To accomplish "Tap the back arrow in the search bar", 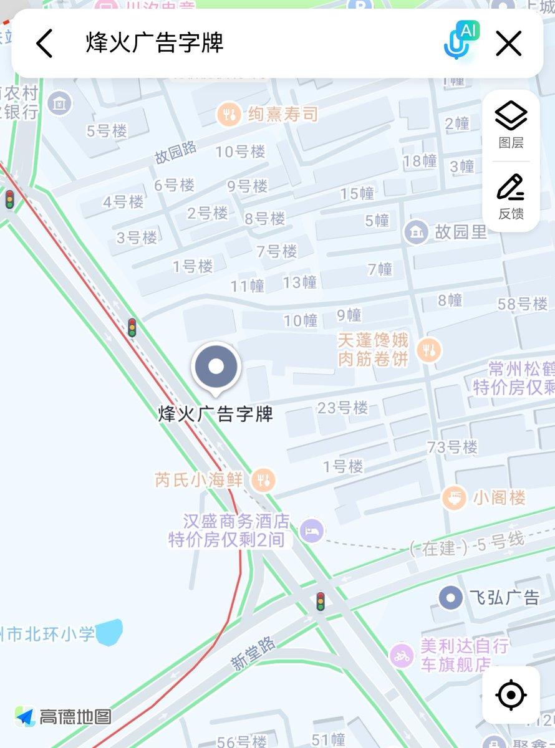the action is [44, 44].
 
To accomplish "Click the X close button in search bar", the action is [508, 44].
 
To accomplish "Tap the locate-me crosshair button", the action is [511, 694].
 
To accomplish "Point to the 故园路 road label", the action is [176, 152].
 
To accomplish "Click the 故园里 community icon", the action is [415, 233].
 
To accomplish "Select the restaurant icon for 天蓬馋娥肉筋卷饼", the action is [428, 350].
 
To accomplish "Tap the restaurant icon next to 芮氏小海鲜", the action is [264, 479].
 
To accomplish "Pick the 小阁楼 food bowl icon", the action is [454, 497].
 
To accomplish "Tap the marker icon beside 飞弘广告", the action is [450, 598].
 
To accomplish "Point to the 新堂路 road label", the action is [253, 654].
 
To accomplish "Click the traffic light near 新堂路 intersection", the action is [321, 601].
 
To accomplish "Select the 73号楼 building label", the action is [452, 447].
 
